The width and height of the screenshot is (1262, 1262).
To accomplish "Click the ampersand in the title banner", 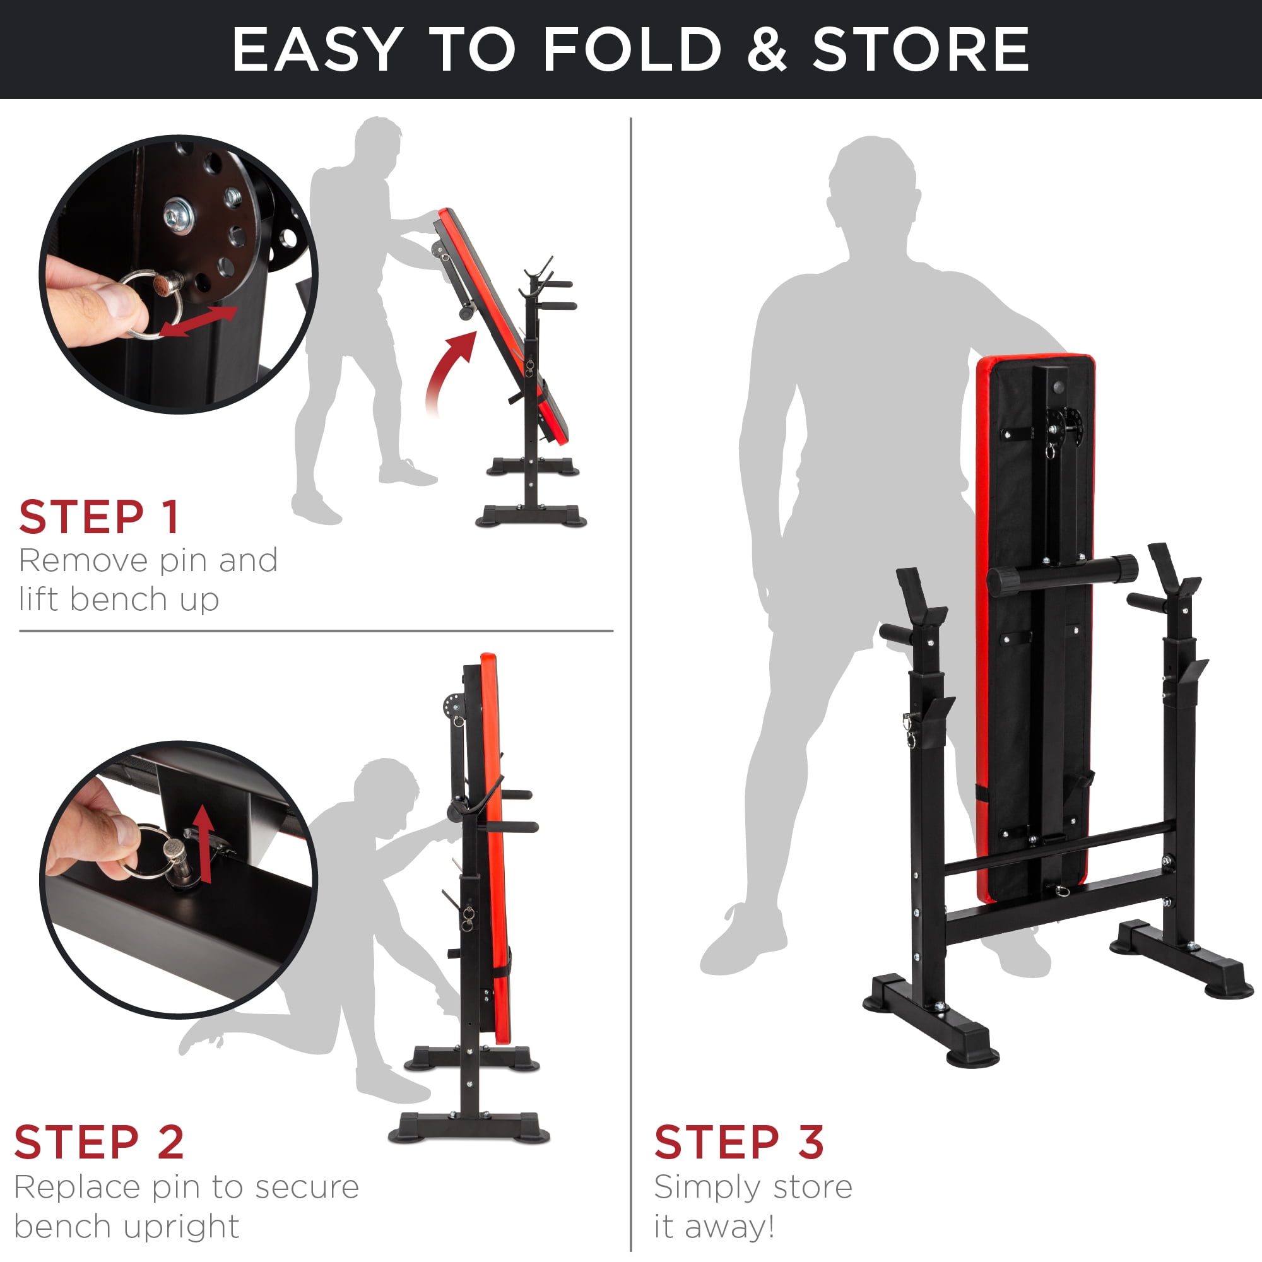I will (x=766, y=50).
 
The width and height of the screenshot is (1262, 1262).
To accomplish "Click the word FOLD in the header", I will (x=632, y=50).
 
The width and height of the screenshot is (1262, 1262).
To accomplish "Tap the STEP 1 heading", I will (x=99, y=517).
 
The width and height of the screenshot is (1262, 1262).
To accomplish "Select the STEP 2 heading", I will (x=99, y=1142).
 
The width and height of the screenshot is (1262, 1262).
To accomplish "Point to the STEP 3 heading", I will (x=739, y=1142).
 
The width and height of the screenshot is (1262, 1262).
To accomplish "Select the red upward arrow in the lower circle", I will (x=205, y=842).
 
